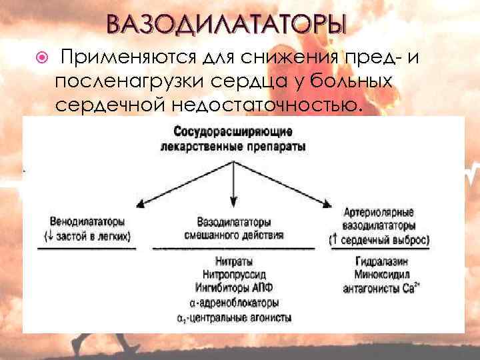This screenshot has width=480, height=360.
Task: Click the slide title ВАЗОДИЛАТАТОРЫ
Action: (x=227, y=25)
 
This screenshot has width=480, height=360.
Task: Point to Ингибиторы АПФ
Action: (x=233, y=287)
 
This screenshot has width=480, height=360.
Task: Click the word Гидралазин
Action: (x=382, y=261)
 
